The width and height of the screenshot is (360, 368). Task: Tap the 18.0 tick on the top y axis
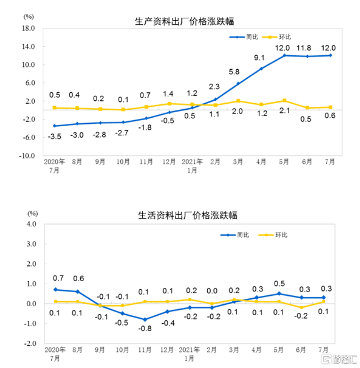(x=29, y=28)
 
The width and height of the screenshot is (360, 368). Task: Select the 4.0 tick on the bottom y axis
(x=31, y=224)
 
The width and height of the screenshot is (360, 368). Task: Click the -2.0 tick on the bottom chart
(x=30, y=344)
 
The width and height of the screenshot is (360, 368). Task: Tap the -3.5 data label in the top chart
(x=55, y=136)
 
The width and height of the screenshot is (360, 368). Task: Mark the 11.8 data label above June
(x=306, y=47)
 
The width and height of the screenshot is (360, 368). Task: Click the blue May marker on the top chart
(x=285, y=56)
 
